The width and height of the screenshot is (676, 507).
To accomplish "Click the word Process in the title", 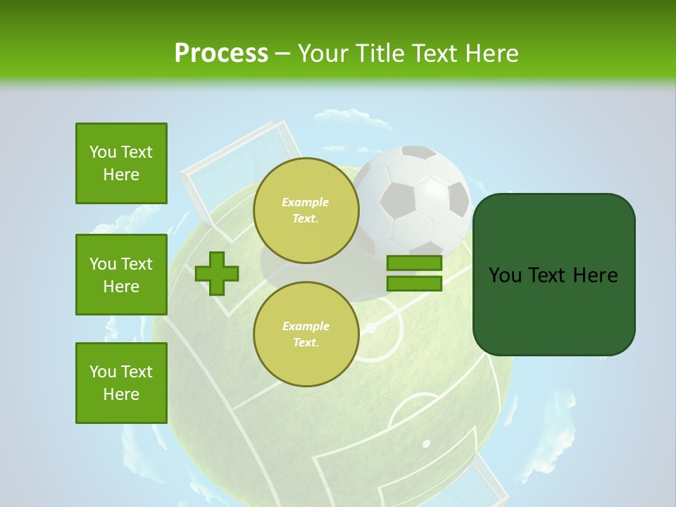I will pos(221,53).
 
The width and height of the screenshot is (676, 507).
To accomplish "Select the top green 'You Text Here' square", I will pos(121,163).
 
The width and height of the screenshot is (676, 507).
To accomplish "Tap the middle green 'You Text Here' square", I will pos(121,275).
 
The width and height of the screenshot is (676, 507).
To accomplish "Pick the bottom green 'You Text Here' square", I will pos(121,383).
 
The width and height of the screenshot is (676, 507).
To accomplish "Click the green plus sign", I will pos(217,273).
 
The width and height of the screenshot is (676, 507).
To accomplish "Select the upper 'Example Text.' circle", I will pos(306,210).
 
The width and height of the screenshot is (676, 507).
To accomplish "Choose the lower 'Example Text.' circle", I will pos(306,334).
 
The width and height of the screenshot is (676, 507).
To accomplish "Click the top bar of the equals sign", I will pos(414,263).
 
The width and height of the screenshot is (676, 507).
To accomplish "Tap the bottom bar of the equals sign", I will pos(414,283).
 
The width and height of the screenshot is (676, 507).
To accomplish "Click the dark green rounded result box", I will pos(553,275).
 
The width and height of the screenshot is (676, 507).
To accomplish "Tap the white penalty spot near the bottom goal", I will pos(426,444).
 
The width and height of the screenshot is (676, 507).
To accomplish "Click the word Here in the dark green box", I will pos(595,275).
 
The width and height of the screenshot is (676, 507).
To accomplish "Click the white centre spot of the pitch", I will pos(369,328).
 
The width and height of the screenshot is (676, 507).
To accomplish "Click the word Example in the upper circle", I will pos(306,202).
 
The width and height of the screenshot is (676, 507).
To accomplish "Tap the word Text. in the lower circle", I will pos(306,342).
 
